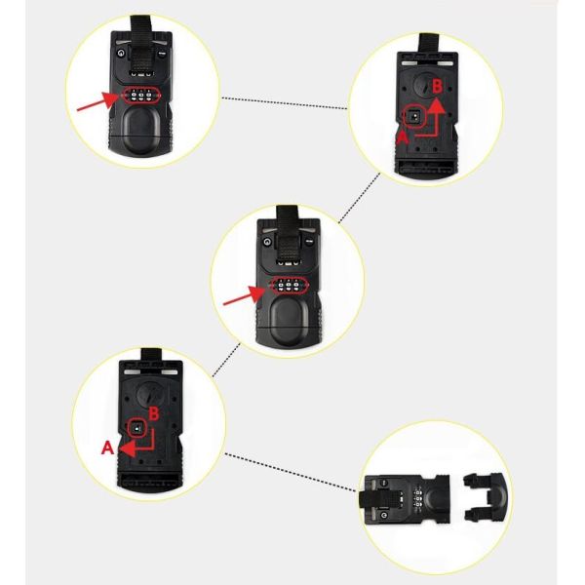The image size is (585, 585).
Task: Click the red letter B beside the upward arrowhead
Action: (437, 86)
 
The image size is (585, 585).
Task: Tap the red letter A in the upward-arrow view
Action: (402, 137)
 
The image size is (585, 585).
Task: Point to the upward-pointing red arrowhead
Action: (436, 105)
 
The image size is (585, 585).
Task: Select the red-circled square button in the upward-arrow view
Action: (415, 118)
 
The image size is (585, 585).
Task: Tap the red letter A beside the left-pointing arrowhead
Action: (107, 448)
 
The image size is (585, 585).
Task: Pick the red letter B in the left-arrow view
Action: (154, 413)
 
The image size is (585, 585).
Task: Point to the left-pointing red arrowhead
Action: (127, 448)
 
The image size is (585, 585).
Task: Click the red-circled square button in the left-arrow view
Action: (136, 428)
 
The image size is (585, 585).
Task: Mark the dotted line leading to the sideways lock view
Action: (290, 472)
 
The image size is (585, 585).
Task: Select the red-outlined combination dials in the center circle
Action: (289, 286)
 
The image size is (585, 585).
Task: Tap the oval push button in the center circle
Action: (289, 321)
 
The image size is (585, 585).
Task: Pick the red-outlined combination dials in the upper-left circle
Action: (141, 96)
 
